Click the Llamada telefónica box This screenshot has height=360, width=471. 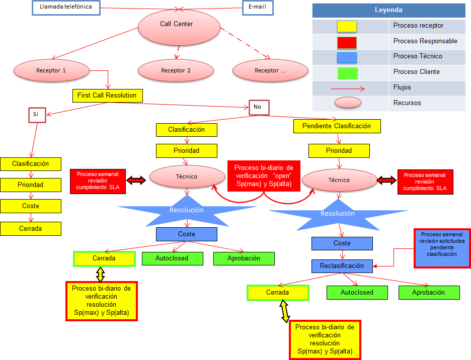click(x=66, y=8)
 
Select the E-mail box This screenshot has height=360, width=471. click(x=258, y=8)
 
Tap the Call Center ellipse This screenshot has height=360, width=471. click(x=177, y=26)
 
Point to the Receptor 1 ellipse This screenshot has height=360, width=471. click(x=51, y=70)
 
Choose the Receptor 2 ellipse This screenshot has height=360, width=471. click(x=176, y=70)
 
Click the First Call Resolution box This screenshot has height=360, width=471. click(x=107, y=95)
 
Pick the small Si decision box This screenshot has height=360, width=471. click(x=36, y=114)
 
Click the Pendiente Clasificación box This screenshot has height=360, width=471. click(x=337, y=126)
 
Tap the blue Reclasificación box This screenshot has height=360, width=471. click(x=342, y=265)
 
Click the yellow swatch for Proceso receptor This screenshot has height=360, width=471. click(x=347, y=26)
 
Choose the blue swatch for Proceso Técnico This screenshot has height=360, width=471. click(x=347, y=57)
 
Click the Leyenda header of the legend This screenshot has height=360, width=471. click(x=388, y=10)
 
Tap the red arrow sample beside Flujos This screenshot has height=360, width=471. click(x=347, y=88)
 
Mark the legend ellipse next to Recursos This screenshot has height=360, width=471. click(x=347, y=103)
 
